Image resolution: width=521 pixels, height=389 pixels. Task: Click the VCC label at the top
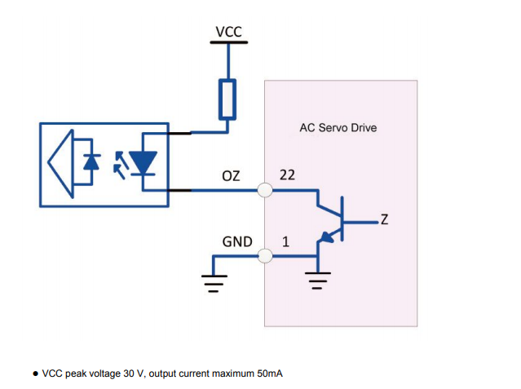[228, 32]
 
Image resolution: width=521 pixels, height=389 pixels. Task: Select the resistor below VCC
[228, 99]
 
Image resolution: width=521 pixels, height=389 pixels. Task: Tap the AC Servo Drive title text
[339, 128]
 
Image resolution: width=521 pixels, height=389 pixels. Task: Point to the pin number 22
[288, 175]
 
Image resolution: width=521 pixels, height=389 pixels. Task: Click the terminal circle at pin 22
[265, 191]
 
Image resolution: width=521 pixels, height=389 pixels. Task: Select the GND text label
[237, 242]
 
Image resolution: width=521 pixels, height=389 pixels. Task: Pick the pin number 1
[285, 242]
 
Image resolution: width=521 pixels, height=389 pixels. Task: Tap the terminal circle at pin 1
[265, 256]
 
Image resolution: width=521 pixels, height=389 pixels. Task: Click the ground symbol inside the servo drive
[317, 282]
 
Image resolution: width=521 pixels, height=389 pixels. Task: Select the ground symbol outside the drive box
[214, 282]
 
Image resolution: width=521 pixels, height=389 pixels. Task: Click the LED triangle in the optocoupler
[145, 162]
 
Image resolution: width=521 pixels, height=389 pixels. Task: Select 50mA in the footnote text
[269, 374]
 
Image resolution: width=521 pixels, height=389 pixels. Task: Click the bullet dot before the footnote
[35, 374]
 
